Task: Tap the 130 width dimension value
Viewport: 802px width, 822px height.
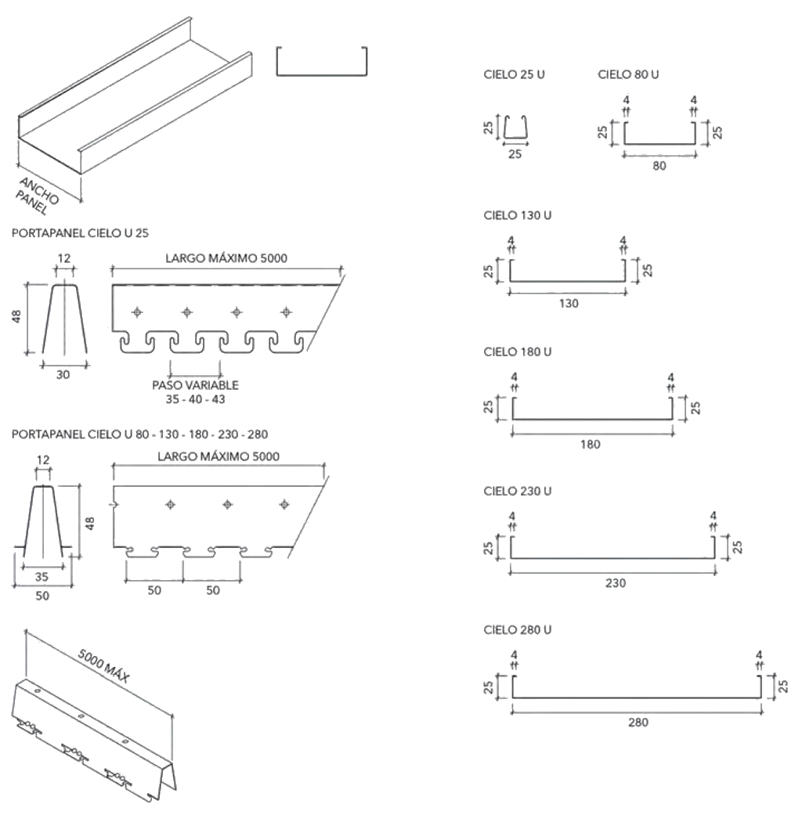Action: [569, 304]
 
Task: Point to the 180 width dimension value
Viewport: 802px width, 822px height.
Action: [591, 444]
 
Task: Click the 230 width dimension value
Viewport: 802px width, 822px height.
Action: [616, 582]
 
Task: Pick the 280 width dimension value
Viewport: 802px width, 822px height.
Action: [638, 722]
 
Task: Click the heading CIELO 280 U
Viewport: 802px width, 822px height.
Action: [518, 629]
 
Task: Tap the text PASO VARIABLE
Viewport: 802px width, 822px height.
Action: [196, 385]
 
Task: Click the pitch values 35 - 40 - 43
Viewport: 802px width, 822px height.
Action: [196, 398]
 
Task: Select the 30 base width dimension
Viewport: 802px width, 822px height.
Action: [63, 375]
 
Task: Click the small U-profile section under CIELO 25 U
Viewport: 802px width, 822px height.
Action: [515, 129]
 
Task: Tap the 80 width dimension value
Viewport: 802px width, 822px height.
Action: [659, 166]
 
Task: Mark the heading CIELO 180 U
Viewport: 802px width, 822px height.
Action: [518, 352]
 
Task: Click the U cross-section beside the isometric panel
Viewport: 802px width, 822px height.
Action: [322, 63]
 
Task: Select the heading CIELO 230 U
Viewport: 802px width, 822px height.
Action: [518, 491]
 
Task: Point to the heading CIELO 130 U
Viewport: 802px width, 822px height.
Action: [518, 215]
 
